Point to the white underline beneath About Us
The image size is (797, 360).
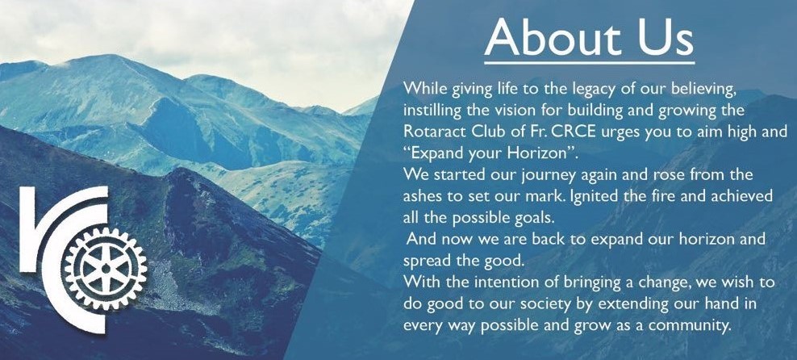coord(589,63)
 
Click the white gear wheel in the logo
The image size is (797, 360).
coord(106,268)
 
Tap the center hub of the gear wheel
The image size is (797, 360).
coord(106,268)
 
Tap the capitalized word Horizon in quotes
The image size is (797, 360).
coord(560,152)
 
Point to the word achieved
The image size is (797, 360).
coord(739,196)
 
